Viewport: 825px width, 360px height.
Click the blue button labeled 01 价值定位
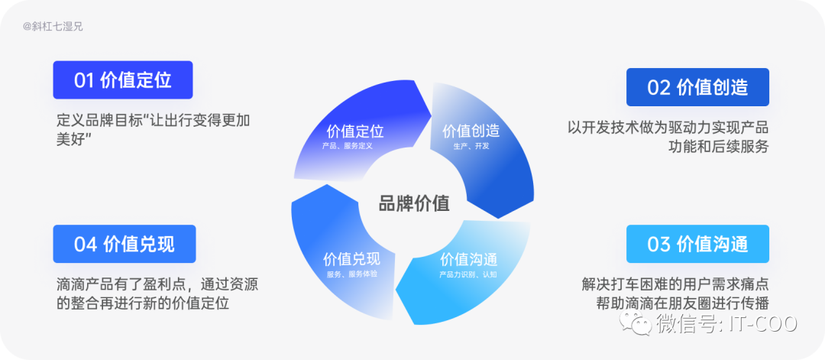pos(122,79)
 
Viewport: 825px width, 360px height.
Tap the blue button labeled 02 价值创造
pos(697,87)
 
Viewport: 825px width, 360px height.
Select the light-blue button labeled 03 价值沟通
pos(697,244)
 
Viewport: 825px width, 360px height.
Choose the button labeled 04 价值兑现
pos(124,244)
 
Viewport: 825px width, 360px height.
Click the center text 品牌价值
pos(413,203)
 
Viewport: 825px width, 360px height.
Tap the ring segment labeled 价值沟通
pos(466,268)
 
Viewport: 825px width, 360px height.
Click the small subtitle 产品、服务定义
pos(347,145)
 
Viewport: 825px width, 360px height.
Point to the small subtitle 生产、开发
pos(471,146)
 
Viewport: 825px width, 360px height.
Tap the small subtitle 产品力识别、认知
pos(468,274)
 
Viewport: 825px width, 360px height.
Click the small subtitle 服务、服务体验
pos(351,274)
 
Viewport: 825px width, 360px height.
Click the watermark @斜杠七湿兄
pos(53,26)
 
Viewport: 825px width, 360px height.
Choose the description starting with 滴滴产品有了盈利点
pos(157,294)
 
